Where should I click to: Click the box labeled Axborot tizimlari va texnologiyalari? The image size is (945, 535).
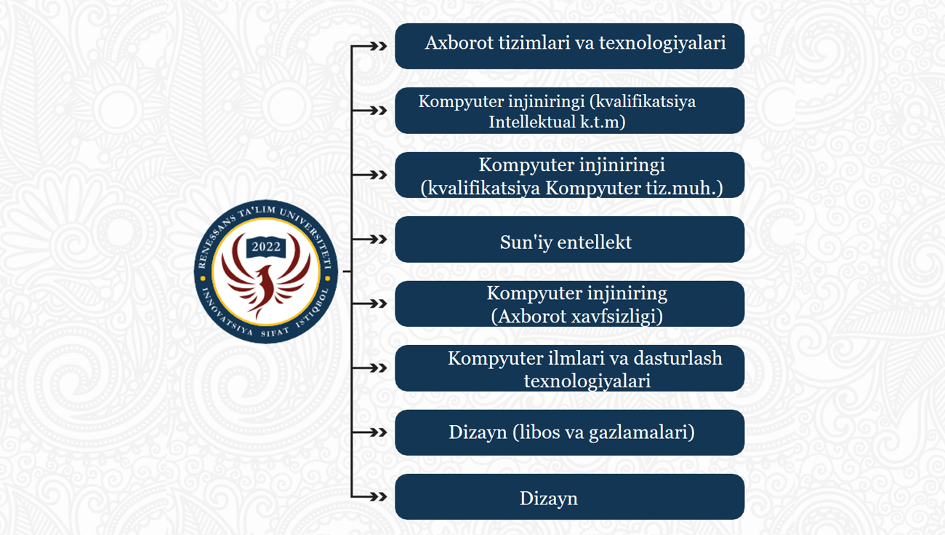569,46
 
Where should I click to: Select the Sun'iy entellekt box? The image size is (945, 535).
569,239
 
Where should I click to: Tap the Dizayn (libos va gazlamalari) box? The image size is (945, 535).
569,432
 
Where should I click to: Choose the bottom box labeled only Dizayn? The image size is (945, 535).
569,497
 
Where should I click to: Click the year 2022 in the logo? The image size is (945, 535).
266,247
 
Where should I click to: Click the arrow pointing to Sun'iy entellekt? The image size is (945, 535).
369,239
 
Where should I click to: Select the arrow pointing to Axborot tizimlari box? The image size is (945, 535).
369,46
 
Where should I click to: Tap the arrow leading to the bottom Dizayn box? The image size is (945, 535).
369,497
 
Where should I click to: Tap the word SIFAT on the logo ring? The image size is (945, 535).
275,332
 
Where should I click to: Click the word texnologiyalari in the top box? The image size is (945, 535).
662,43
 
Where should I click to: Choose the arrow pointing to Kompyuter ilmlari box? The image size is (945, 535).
369,368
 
